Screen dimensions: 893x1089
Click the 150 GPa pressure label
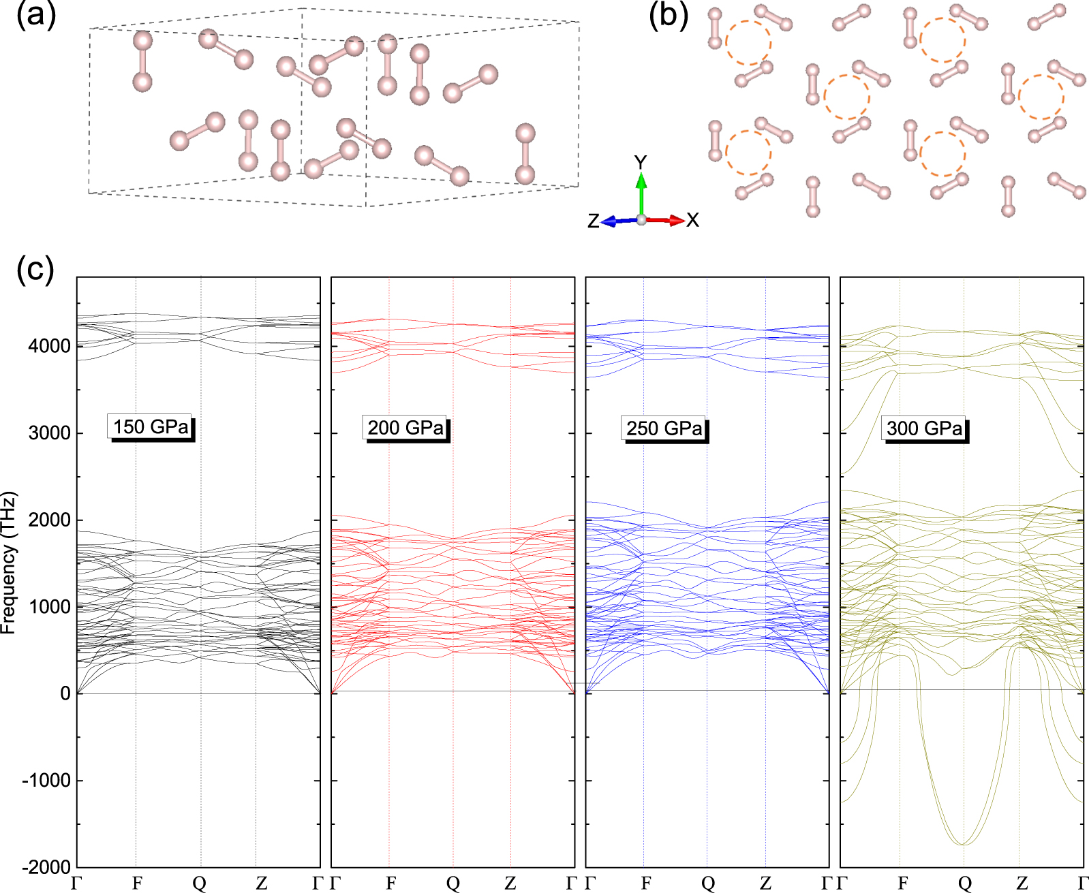click(x=151, y=427)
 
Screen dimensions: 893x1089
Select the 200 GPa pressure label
click(x=405, y=428)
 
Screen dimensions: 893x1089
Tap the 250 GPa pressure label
click(x=664, y=428)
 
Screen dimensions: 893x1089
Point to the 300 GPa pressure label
click(x=924, y=428)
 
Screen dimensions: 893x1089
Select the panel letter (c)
click(x=35, y=269)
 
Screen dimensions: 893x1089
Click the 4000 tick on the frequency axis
click(x=49, y=346)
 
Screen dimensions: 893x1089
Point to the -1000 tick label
click(x=46, y=781)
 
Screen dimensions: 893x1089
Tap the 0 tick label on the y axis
click(x=65, y=693)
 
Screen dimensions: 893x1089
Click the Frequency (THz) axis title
click(x=8, y=563)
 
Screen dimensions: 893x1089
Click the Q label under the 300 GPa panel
click(x=964, y=883)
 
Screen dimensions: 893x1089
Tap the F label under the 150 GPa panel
click(x=137, y=883)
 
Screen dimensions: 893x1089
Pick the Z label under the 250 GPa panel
click(x=765, y=883)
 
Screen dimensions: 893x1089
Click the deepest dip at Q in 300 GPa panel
click(x=964, y=844)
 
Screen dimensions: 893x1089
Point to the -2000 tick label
click(x=46, y=868)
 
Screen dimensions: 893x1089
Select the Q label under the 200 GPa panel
click(x=453, y=883)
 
